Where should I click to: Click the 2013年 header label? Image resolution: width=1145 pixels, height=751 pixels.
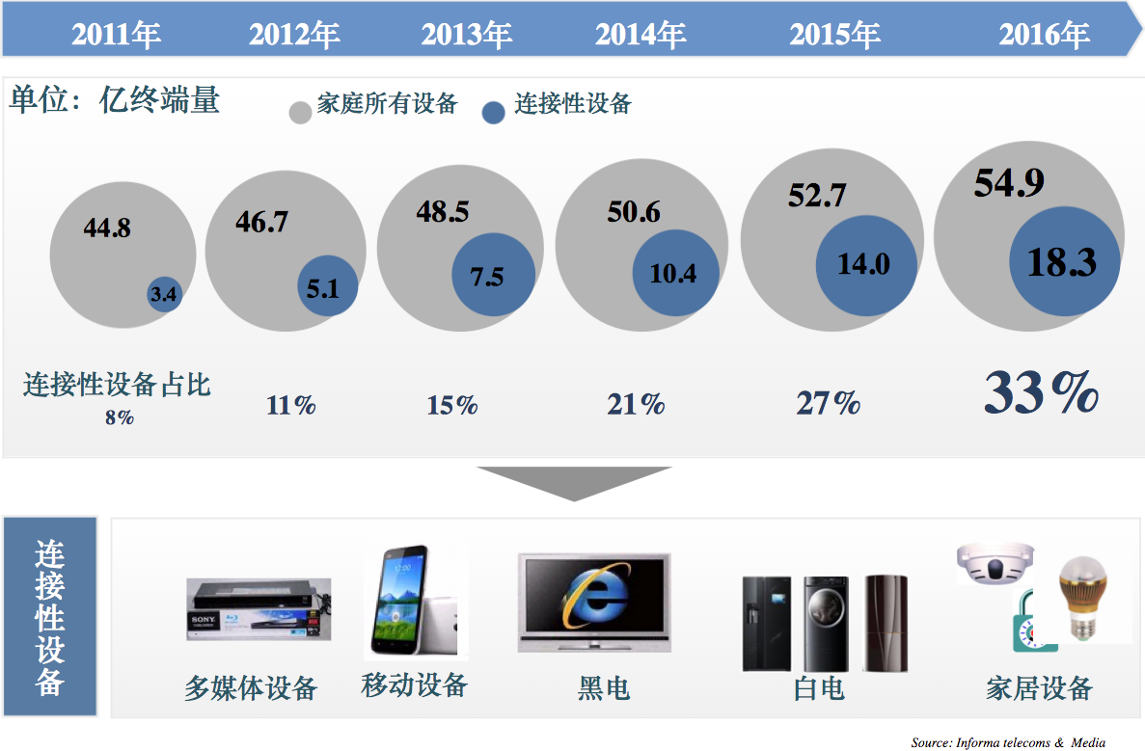tap(466, 36)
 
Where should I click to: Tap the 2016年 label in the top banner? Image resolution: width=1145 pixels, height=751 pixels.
tap(1044, 36)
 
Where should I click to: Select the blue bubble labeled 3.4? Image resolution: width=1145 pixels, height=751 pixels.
tap(164, 294)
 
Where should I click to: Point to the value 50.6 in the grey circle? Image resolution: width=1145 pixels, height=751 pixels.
tap(634, 211)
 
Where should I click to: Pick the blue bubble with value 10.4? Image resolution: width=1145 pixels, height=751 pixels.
tap(673, 274)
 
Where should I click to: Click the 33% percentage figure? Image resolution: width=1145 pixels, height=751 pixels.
tap(1042, 392)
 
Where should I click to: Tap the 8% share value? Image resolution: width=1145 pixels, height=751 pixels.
tap(120, 417)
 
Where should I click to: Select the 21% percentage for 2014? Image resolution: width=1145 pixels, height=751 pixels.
tap(636, 404)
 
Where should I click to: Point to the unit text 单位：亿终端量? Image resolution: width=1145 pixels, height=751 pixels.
tap(115, 100)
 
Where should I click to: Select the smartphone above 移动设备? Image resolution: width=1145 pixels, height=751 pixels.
tap(397, 602)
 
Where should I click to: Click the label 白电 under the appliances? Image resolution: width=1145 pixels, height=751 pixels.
tap(819, 688)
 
